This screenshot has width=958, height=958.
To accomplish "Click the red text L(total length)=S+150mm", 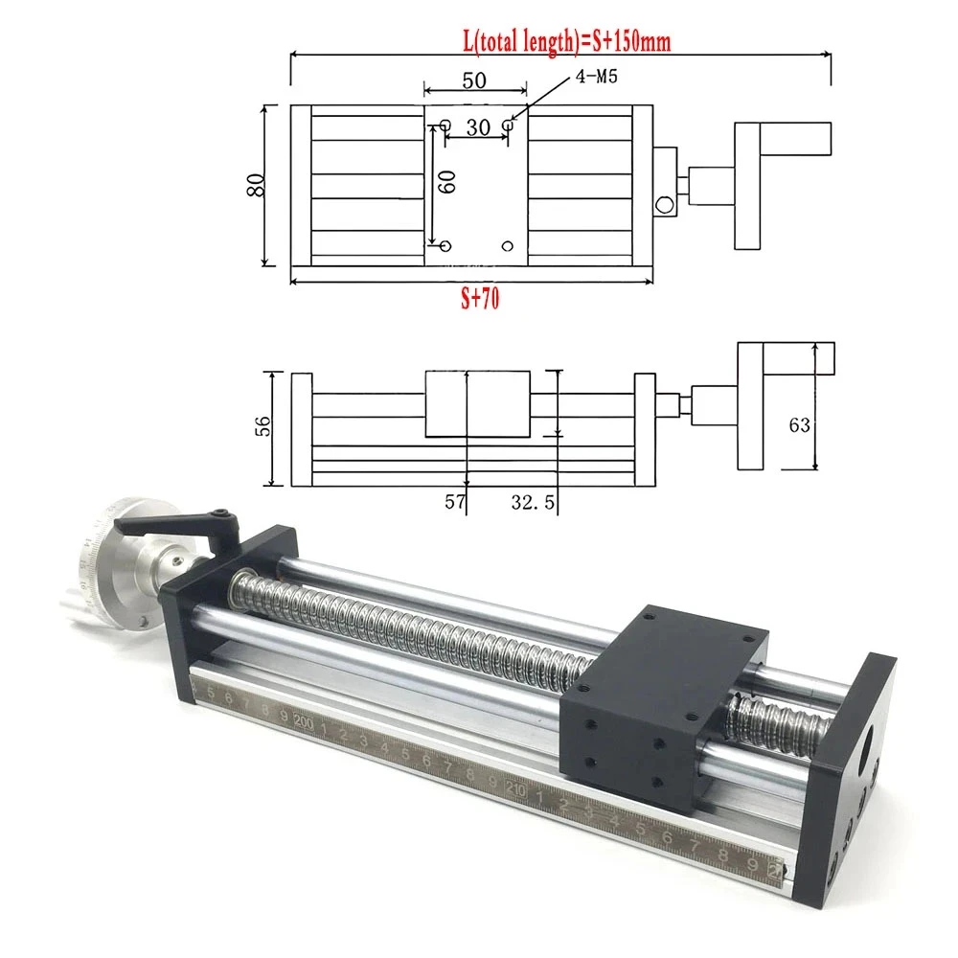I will (559, 43).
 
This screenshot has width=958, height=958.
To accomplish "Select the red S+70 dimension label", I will (479, 299).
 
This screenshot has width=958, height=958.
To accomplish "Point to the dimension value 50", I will (475, 81).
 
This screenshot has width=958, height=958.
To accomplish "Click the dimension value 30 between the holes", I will (478, 125).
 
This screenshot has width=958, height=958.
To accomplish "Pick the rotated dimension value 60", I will (445, 182).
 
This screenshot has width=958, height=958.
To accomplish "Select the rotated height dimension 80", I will (255, 184).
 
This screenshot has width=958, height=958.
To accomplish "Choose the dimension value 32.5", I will (525, 500).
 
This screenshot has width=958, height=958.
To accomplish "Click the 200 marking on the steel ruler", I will (304, 720).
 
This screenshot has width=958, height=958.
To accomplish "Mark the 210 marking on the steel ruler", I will (515, 791).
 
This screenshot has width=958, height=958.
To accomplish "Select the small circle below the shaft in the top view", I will (663, 204).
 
